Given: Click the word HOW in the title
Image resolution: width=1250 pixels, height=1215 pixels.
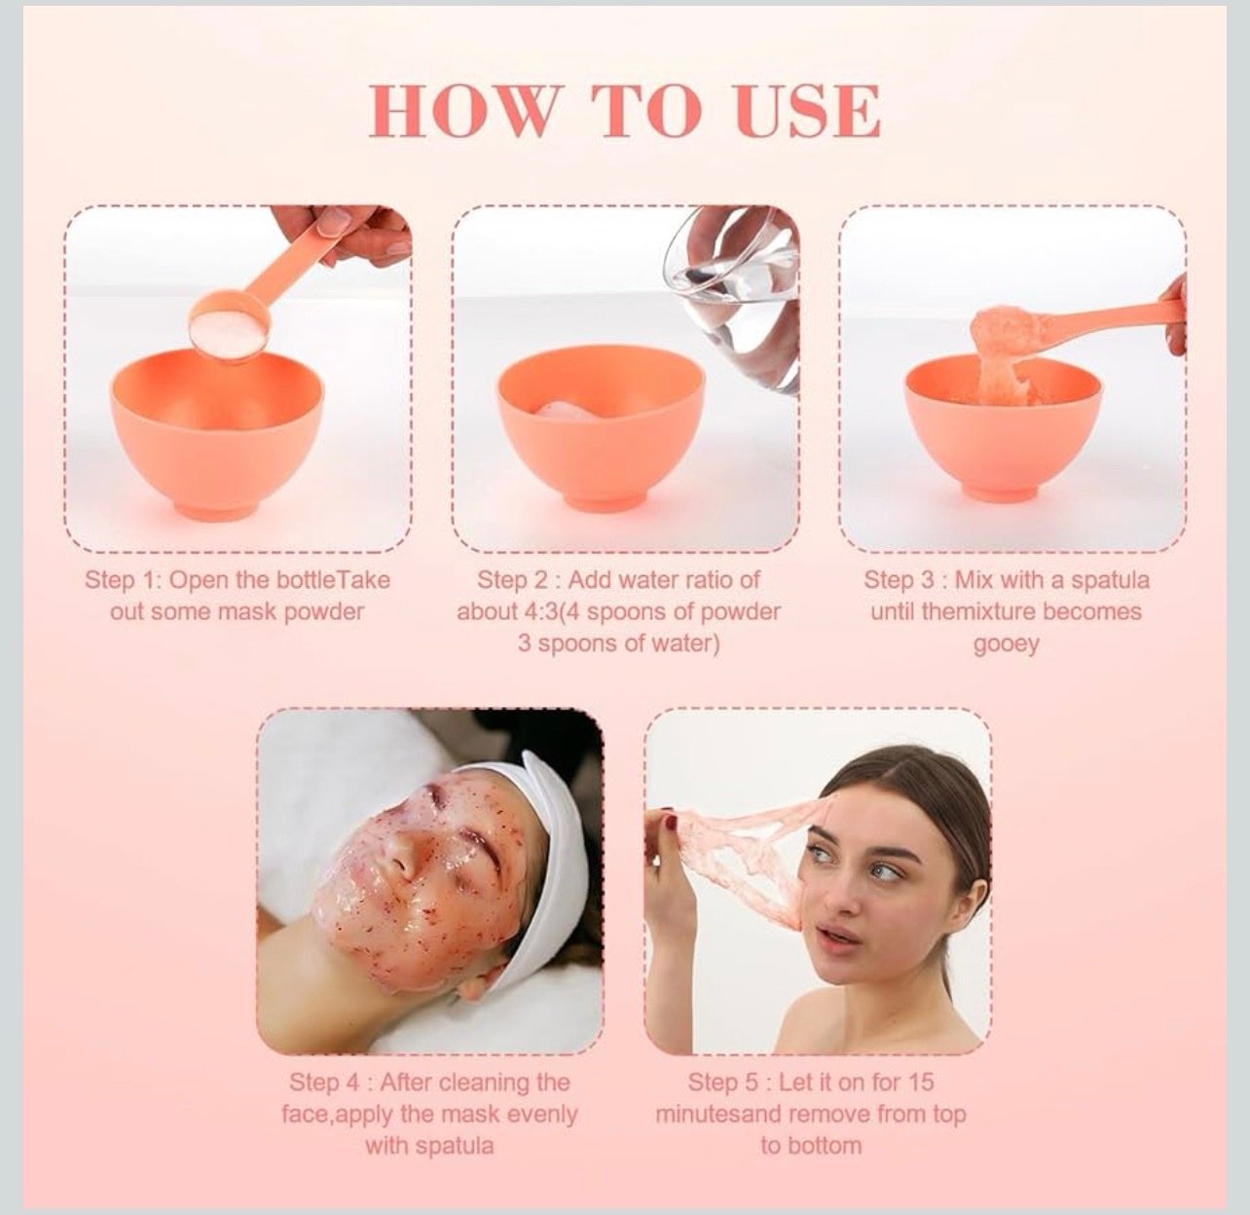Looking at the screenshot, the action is pyautogui.click(x=461, y=111).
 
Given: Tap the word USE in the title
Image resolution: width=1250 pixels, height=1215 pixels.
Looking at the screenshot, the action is pyautogui.click(x=808, y=111).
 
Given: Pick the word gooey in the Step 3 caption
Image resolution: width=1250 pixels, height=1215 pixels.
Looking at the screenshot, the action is pyautogui.click(x=1006, y=644).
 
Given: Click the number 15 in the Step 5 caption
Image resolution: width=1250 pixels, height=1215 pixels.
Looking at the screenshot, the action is pyautogui.click(x=920, y=1083).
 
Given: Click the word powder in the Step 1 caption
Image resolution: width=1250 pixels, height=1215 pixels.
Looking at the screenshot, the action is pyautogui.click(x=324, y=612).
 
